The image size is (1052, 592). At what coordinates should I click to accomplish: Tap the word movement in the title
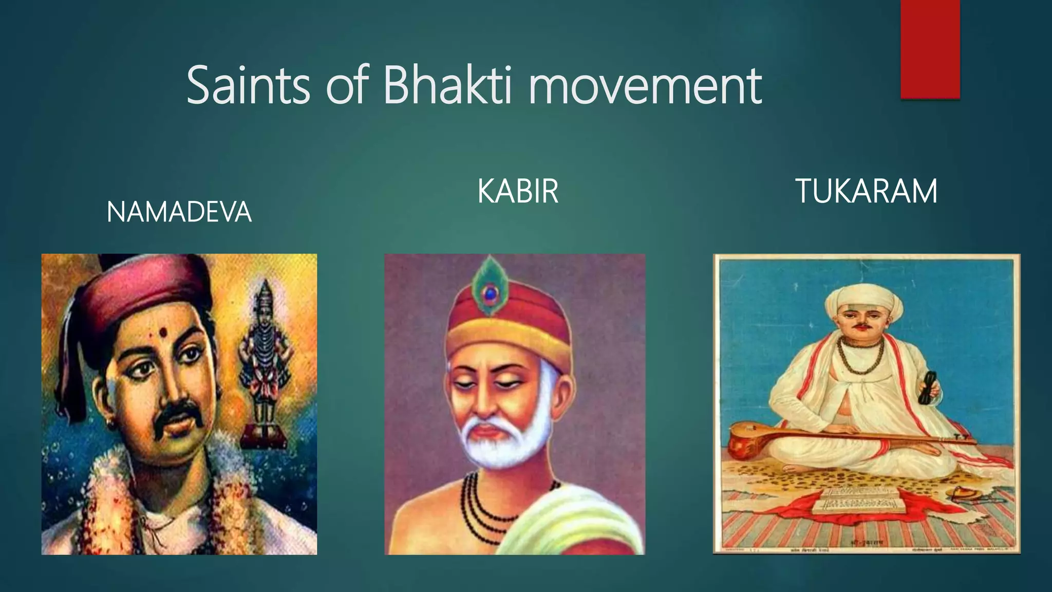645,86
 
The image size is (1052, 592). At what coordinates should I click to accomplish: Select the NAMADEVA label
179,212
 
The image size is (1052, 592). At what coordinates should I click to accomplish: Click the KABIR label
517,191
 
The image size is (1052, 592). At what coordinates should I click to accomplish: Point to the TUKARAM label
866,191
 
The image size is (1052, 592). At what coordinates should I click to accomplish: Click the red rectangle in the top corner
930,49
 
